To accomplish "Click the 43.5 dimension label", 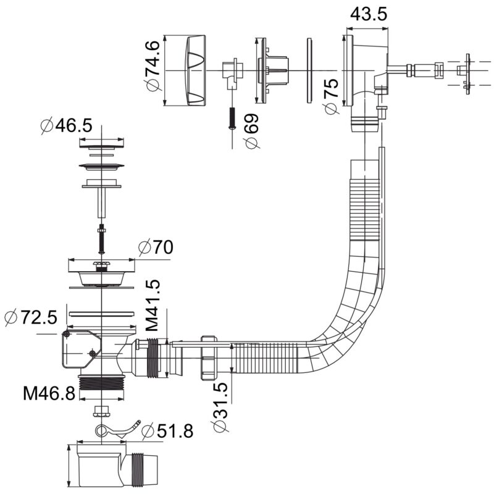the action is [x=368, y=14].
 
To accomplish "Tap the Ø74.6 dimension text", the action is [x=153, y=66].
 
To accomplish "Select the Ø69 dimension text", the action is [x=252, y=131].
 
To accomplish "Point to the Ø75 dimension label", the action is [x=331, y=96].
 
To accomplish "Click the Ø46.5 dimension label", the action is [x=67, y=126].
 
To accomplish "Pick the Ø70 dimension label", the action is [x=156, y=247].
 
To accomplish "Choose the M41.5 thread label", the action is [x=153, y=305].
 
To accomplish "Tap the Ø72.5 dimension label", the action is [x=31, y=317].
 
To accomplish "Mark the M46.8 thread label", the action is [x=49, y=393].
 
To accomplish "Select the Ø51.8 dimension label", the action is [x=167, y=430].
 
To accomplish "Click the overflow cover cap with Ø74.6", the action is [x=196, y=70].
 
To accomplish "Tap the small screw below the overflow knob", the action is [x=232, y=118].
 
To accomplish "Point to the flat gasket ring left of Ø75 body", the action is [x=309, y=70].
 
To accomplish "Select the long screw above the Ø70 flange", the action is [x=101, y=238].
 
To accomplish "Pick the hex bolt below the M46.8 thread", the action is [x=102, y=411].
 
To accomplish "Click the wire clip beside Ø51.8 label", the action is [x=117, y=429].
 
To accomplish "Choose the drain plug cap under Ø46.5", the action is [x=101, y=147].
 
